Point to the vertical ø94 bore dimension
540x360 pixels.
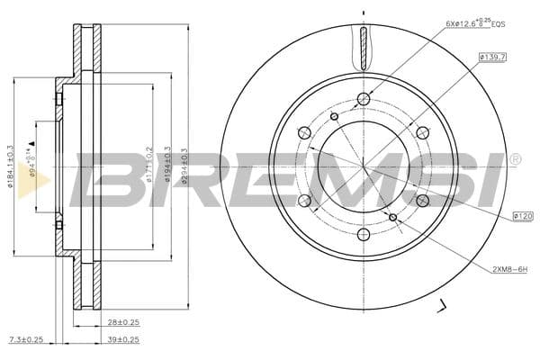tap(32, 162)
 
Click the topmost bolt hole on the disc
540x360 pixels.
tap(364, 98)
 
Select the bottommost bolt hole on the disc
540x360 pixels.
tap(364, 235)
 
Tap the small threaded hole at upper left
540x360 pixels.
tap(334, 116)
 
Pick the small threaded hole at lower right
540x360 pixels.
tap(393, 217)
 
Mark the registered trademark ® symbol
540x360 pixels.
tap(515, 160)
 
